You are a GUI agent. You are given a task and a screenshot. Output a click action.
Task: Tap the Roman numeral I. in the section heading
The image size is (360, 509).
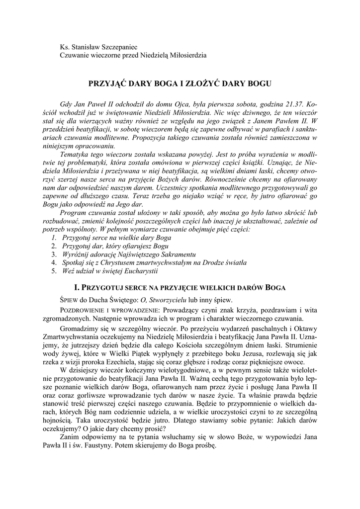click(x=76, y=287)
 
